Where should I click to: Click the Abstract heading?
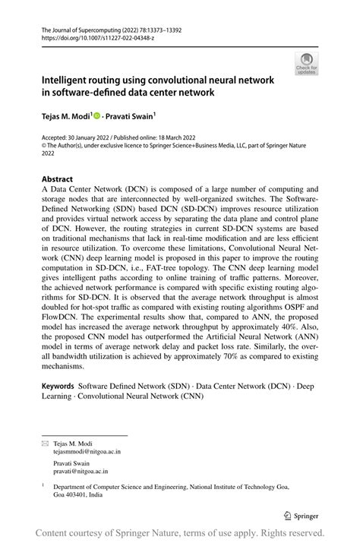58,180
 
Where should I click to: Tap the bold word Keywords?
59,387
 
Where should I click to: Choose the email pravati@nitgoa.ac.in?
81,471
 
